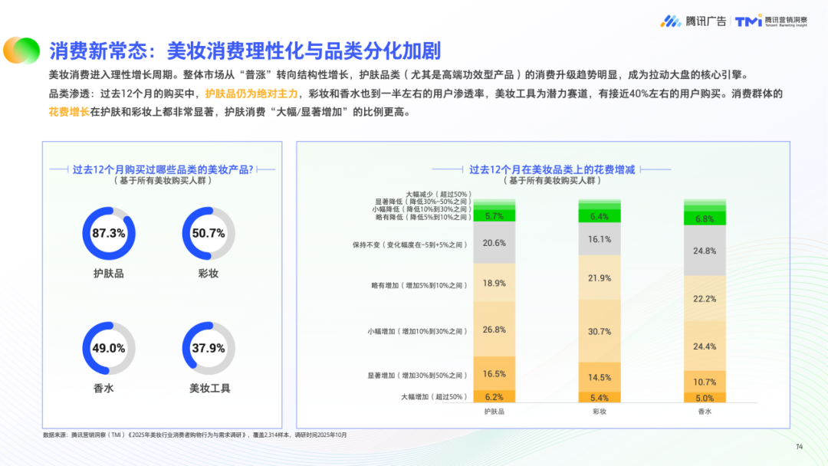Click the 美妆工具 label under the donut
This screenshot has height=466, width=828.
point(209,389)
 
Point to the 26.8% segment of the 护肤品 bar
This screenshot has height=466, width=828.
point(495,330)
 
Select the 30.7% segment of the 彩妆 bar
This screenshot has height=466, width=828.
point(600,331)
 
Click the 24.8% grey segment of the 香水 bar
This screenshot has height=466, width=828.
point(705,251)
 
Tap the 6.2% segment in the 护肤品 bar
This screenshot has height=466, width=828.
point(495,397)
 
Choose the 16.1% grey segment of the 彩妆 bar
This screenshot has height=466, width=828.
point(600,240)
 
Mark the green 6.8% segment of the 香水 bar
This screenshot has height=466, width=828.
point(705,218)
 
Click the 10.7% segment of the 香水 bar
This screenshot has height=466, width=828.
point(705,382)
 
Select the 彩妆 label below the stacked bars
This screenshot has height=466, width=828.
point(600,412)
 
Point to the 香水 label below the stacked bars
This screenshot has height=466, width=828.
point(705,412)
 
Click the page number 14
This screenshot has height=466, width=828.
point(799,447)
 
